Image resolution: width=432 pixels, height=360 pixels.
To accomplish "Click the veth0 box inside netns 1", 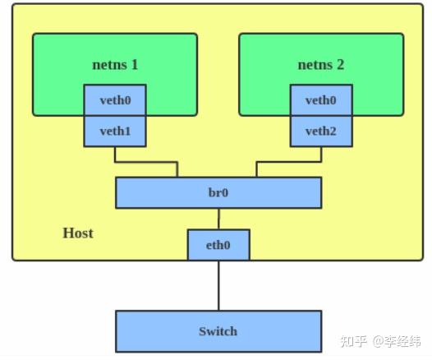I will pyautogui.click(x=115, y=100).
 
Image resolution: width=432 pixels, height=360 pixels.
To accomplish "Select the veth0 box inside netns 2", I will pyautogui.click(x=320, y=100).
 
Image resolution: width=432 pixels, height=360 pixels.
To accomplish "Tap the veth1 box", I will pyautogui.click(x=115, y=132).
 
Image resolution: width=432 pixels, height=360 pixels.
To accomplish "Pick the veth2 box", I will pyautogui.click(x=320, y=132).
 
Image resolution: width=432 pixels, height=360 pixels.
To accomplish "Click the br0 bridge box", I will pyautogui.click(x=218, y=192).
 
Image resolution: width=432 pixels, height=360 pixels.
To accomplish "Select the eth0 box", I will pyautogui.click(x=218, y=244).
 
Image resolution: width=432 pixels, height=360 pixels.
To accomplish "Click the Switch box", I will pyautogui.click(x=218, y=331).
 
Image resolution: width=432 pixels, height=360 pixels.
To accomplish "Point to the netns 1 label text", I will pyautogui.click(x=115, y=63).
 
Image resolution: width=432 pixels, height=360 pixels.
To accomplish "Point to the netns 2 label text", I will pyautogui.click(x=320, y=63).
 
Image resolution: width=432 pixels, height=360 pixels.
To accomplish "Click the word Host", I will pyautogui.click(x=78, y=233).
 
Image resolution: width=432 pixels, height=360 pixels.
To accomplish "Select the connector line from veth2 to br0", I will pyautogui.click(x=287, y=162).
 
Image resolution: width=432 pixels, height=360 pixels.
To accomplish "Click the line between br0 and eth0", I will pyautogui.click(x=218, y=219).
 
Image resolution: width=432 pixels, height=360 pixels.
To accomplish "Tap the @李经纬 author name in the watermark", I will pyautogui.click(x=398, y=340).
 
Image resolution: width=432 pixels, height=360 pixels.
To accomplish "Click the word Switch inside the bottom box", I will pyautogui.click(x=218, y=331).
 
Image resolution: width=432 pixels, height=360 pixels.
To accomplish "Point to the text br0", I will pyautogui.click(x=218, y=192).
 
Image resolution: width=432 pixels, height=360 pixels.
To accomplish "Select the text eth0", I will pyautogui.click(x=218, y=244).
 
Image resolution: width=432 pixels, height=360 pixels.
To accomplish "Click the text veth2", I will pyautogui.click(x=320, y=132).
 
